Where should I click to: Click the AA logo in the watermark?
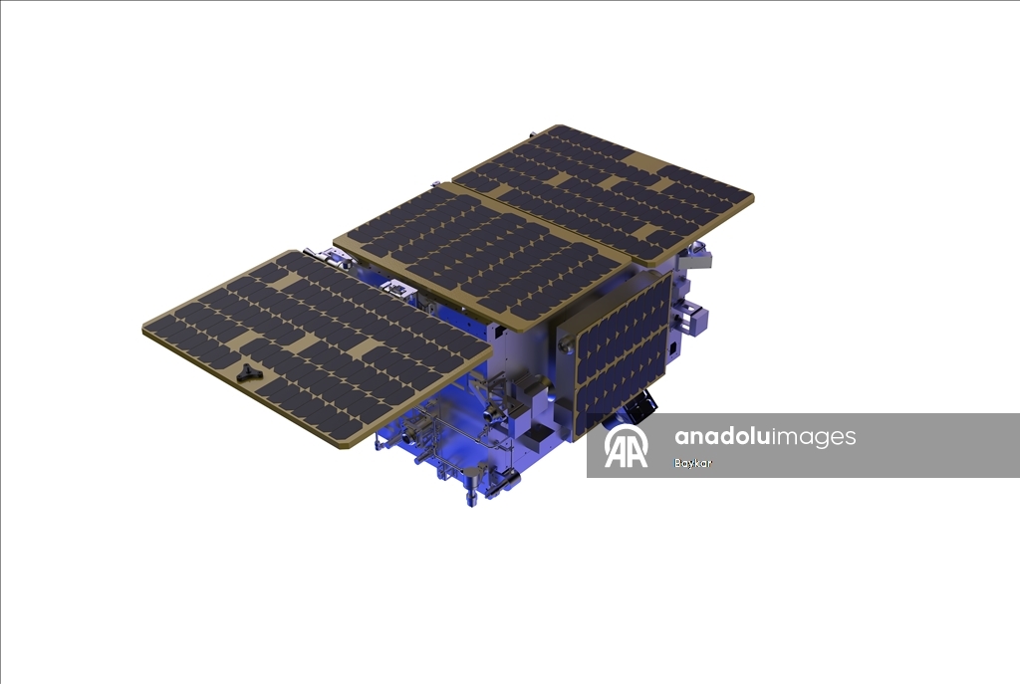pos(626,447)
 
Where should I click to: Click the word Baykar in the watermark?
pos(693,464)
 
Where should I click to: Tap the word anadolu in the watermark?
pos(722,436)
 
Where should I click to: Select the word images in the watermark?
pos(814,437)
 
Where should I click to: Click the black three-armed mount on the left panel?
pos(247,372)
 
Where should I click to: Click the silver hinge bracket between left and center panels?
pos(394,290)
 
